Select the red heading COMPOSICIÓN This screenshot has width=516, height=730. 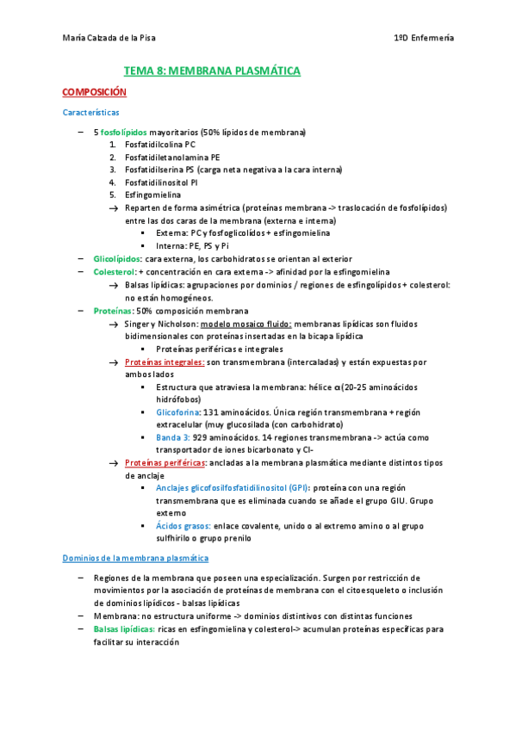(94, 91)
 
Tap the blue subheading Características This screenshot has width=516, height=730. (90, 113)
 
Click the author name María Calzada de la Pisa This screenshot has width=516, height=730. (109, 38)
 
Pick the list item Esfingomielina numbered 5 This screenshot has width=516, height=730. (152, 195)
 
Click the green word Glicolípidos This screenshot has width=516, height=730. (117, 258)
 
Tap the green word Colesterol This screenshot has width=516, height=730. (114, 271)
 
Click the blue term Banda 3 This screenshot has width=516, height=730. (172, 437)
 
